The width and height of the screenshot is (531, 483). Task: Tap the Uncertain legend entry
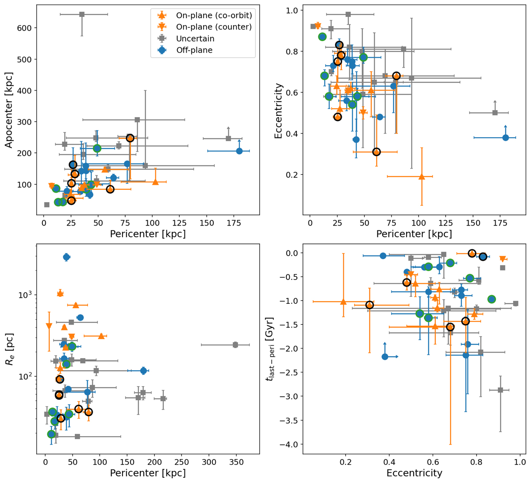[x=195, y=38]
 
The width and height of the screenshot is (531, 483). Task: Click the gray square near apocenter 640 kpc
[x=82, y=15]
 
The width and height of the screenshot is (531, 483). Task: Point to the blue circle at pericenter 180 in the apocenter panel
[x=239, y=151]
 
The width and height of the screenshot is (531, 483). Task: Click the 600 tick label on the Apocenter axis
[x=25, y=28]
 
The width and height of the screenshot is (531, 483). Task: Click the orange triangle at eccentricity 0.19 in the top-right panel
[x=422, y=176]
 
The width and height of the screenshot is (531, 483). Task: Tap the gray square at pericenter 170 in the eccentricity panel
[x=495, y=113]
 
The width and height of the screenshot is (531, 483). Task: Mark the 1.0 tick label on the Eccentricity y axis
[x=291, y=10]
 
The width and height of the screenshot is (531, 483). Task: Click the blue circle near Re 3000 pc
[x=66, y=257]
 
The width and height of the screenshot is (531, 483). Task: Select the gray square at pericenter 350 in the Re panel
[x=235, y=345]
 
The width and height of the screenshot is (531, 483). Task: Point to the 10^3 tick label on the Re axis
[x=25, y=295]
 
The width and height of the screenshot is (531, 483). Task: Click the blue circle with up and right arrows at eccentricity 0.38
[x=385, y=356]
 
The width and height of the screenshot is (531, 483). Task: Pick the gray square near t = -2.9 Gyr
[x=500, y=390]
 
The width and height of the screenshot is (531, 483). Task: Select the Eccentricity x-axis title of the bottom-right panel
[x=414, y=473]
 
